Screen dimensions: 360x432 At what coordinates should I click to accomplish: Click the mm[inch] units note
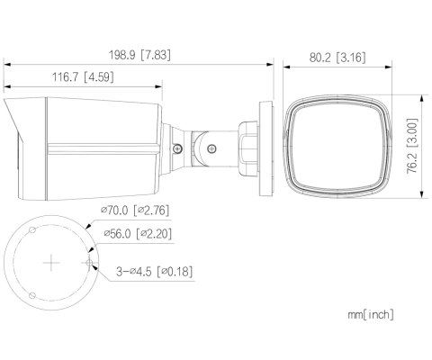[370, 315]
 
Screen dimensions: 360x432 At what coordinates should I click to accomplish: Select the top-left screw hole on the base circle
[33, 230]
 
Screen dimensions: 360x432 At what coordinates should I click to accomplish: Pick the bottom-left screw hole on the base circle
[33, 294]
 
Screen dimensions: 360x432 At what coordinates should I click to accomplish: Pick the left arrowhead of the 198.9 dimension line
[7, 65]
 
